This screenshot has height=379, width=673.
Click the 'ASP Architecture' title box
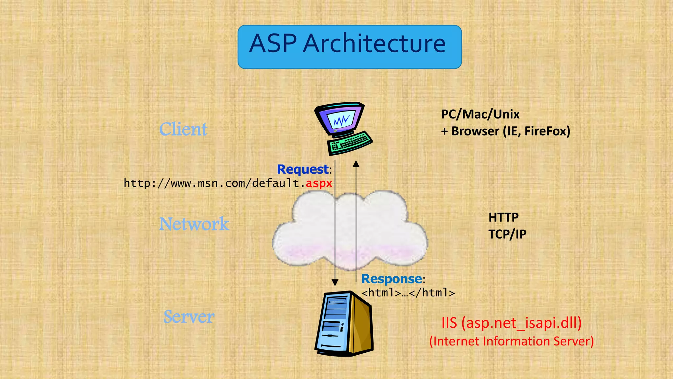[x=349, y=47]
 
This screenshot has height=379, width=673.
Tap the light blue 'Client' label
[x=183, y=129]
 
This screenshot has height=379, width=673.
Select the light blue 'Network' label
[x=194, y=224]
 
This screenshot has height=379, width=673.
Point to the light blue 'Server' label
[x=189, y=317]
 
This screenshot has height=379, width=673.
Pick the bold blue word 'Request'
[x=303, y=169]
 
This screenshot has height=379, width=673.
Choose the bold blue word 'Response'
[x=391, y=279]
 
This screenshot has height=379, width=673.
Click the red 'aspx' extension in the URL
[x=319, y=183]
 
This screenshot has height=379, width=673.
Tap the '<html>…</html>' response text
[x=408, y=293]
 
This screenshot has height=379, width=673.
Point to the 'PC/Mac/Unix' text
[x=480, y=114]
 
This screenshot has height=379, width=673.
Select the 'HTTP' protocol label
[x=503, y=217]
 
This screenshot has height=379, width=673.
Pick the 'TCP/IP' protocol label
[x=507, y=235]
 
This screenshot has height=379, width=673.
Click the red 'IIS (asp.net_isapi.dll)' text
[x=511, y=323]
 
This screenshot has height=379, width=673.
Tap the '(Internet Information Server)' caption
[x=511, y=341]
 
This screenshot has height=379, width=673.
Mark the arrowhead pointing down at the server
[x=335, y=283]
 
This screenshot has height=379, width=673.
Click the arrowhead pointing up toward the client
[x=356, y=164]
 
